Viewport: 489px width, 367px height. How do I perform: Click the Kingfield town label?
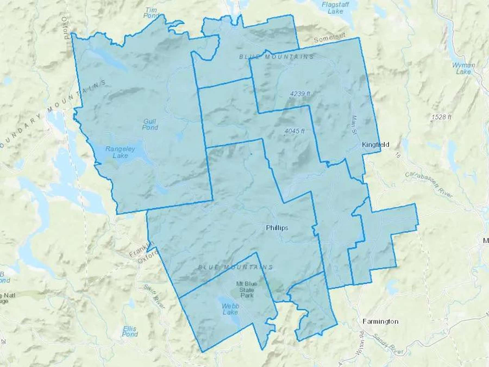point(375,145)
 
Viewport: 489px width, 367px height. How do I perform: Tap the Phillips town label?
point(277,228)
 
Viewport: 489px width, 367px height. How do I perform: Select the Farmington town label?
point(380,321)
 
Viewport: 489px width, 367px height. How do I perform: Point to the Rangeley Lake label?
point(120,152)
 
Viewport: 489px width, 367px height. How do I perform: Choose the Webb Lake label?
point(230,309)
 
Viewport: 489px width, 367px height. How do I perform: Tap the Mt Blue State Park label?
point(247,289)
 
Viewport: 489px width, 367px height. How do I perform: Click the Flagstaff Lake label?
point(335,8)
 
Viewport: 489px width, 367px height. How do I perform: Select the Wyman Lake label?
point(463,69)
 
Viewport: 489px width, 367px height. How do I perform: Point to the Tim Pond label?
point(151,13)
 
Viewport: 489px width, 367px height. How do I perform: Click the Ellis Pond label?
point(130,331)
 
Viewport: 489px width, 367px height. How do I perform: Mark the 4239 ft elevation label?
point(300,94)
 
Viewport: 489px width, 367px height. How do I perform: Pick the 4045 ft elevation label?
point(294,131)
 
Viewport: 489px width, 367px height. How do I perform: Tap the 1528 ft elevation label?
point(441,117)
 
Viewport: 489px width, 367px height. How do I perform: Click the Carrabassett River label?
point(429,185)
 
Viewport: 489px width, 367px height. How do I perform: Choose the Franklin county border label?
point(142,250)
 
